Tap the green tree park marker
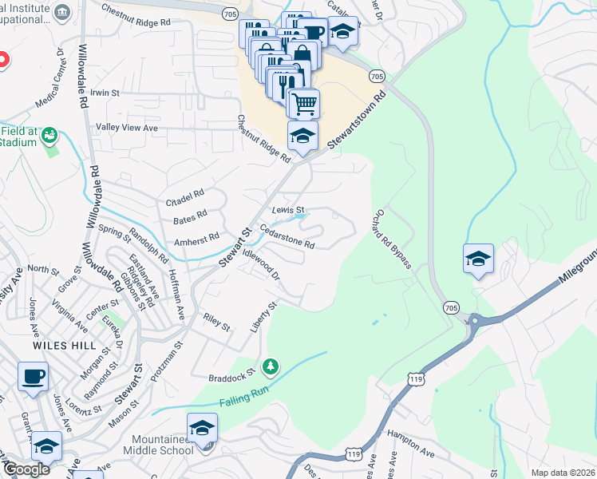pyautogui.click(x=271, y=366)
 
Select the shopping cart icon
pyautogui.click(x=303, y=103)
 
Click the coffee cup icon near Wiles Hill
pyautogui.click(x=33, y=376)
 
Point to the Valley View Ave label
pyautogui.click(x=127, y=128)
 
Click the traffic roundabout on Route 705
pyautogui.click(x=478, y=323)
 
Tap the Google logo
pyautogui.click(x=26, y=469)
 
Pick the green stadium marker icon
pyautogui.click(x=50, y=136)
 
